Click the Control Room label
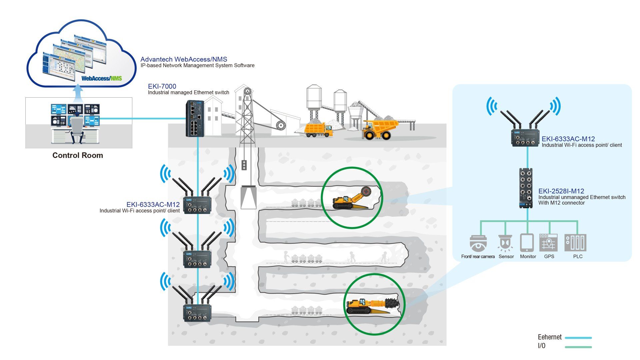78,155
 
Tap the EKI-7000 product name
162,86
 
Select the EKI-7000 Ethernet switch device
195,118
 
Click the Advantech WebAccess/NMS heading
184,59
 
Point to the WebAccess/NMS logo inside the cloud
102,79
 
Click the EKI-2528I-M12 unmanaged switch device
527,188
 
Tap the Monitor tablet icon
527,242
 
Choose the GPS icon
548,242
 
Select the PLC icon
575,242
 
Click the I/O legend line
578,347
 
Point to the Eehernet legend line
578,338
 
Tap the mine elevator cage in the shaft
248,197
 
